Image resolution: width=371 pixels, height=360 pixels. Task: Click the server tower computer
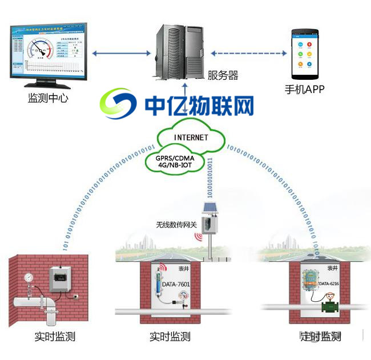[x=178, y=52]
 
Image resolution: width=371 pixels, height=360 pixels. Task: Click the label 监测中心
[x=49, y=98]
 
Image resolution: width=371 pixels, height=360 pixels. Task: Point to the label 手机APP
[x=305, y=90]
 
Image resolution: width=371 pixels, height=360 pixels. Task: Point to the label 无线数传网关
[x=176, y=225]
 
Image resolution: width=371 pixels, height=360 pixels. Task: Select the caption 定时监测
[x=320, y=337]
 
